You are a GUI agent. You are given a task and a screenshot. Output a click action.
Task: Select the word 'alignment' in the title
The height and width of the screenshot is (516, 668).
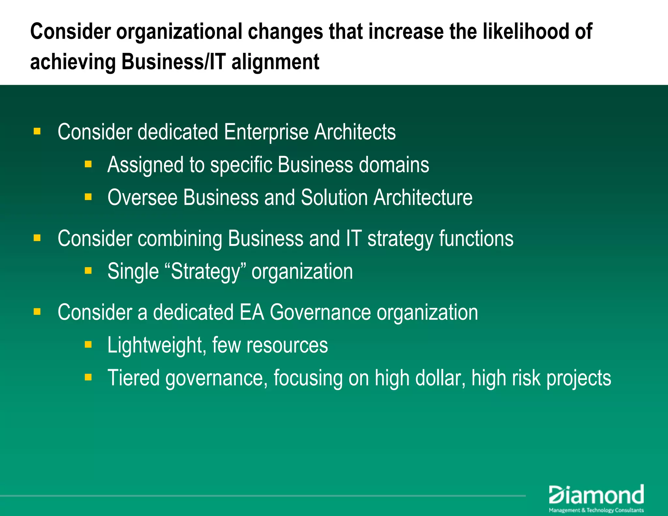click(x=275, y=62)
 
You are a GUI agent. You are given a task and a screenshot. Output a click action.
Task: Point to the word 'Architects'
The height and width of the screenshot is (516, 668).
click(x=355, y=132)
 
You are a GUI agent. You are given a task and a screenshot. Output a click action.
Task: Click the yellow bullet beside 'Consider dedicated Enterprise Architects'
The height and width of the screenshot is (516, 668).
click(x=37, y=131)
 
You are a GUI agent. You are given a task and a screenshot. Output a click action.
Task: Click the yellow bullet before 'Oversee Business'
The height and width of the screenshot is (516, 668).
click(x=88, y=197)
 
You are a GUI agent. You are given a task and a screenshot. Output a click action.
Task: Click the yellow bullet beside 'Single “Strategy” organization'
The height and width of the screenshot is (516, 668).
click(x=88, y=270)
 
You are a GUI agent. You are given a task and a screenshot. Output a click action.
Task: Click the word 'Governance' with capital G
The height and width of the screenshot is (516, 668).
click(x=320, y=312)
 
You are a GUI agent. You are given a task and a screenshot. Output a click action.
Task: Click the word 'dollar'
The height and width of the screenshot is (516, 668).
click(x=437, y=378)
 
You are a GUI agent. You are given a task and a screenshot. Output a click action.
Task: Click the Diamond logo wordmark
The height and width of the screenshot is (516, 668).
click(x=596, y=495)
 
